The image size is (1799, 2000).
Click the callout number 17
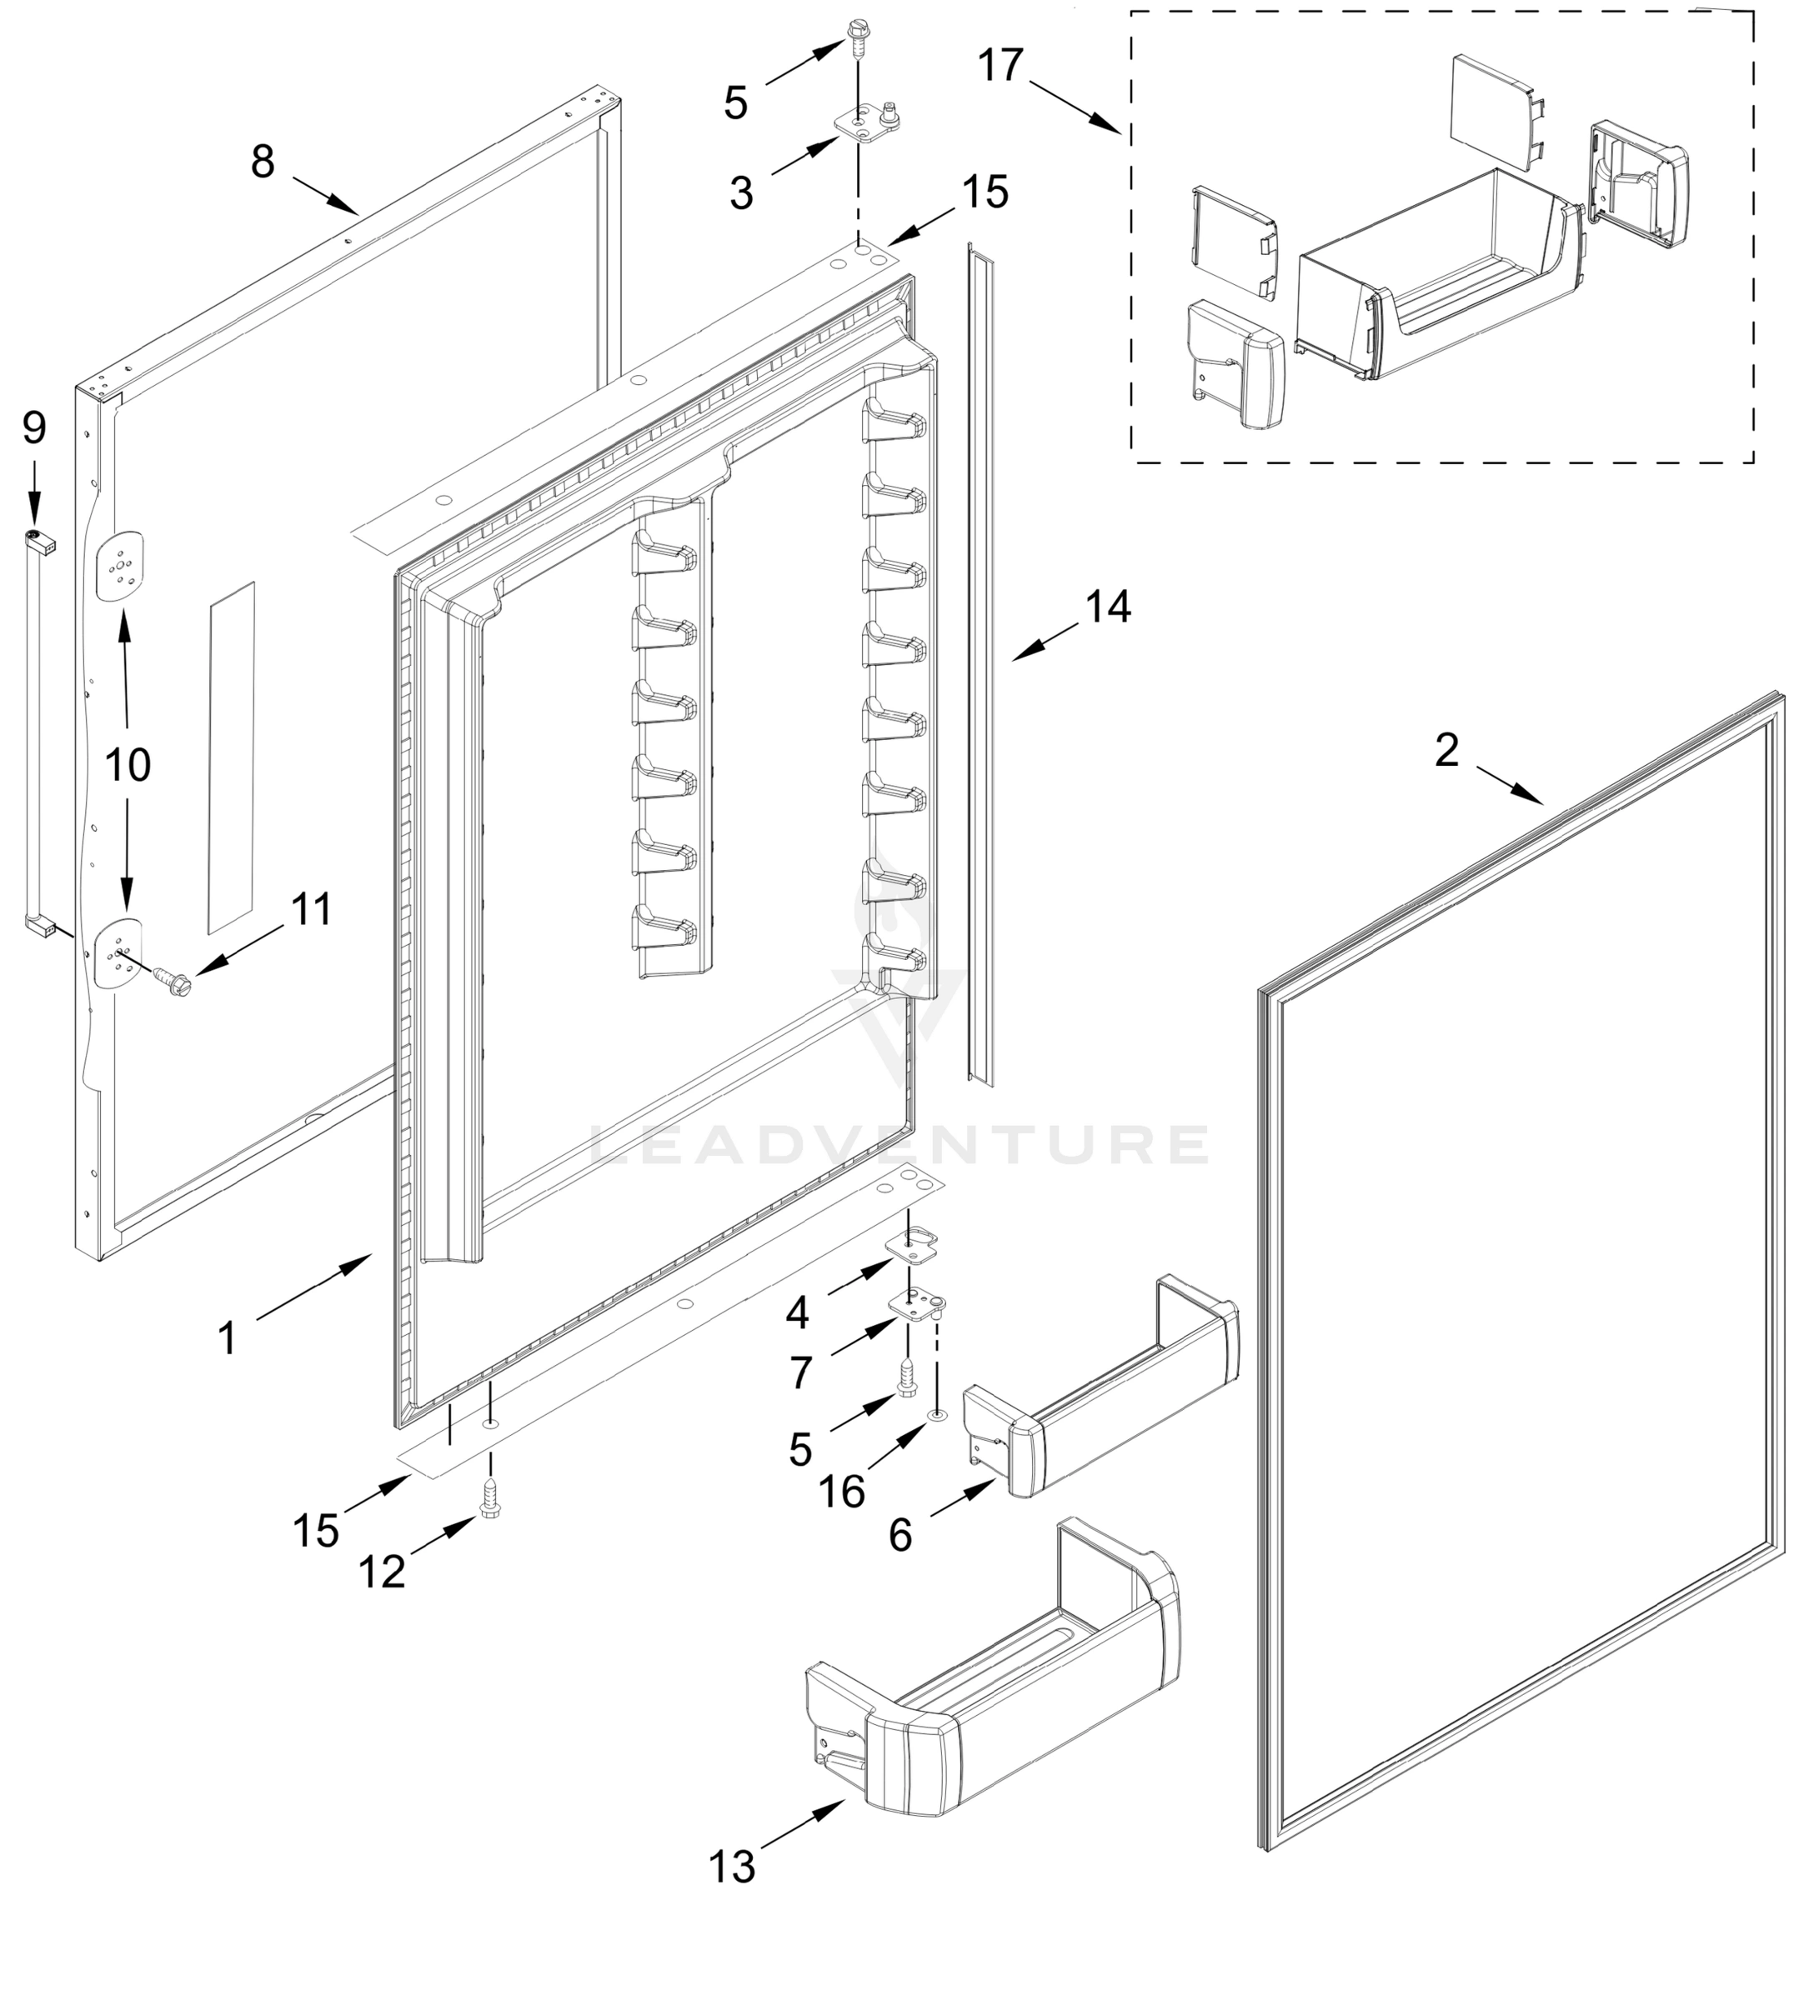pyautogui.click(x=1000, y=66)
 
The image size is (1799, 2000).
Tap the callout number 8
pyautogui.click(x=262, y=161)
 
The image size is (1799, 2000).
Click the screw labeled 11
pyautogui.click(x=173, y=978)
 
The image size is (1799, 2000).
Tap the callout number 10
pyautogui.click(x=128, y=765)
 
